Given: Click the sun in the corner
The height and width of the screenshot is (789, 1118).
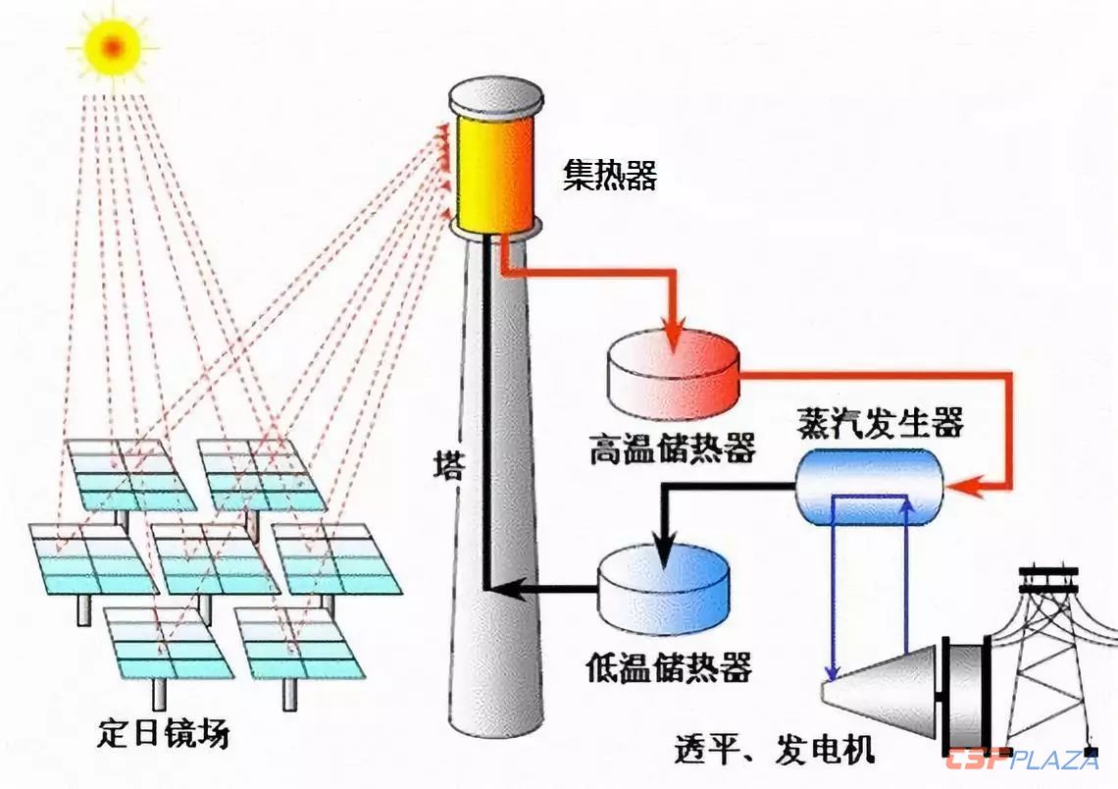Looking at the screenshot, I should (112, 46).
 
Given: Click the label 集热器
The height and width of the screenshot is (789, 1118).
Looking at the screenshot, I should (609, 176).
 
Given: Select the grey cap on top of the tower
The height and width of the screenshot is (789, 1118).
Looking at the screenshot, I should (495, 96).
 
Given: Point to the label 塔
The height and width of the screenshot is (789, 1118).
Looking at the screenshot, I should (449, 464).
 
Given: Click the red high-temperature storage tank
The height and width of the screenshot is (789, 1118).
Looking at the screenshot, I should (673, 374).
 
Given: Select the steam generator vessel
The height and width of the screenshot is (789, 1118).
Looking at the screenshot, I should (868, 485).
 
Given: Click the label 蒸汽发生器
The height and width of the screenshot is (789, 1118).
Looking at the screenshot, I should (881, 424).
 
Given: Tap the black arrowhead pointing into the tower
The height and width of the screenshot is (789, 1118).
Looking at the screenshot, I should (497, 589).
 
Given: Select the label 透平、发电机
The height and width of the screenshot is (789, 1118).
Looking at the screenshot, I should (774, 751).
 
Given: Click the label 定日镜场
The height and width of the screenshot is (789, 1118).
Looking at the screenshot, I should (164, 732).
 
